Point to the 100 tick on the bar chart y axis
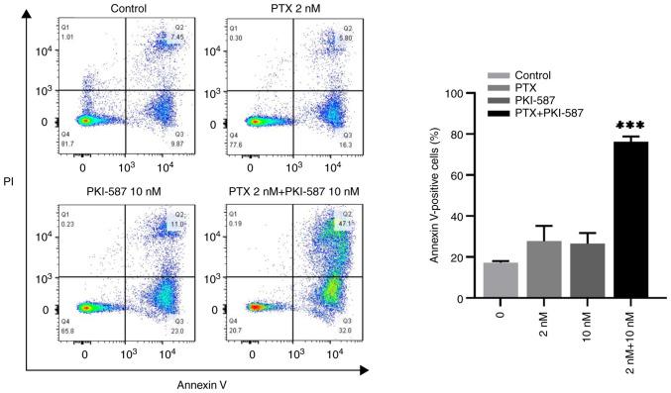pyautogui.click(x=460, y=94)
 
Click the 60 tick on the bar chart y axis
pyautogui.click(x=463, y=175)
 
